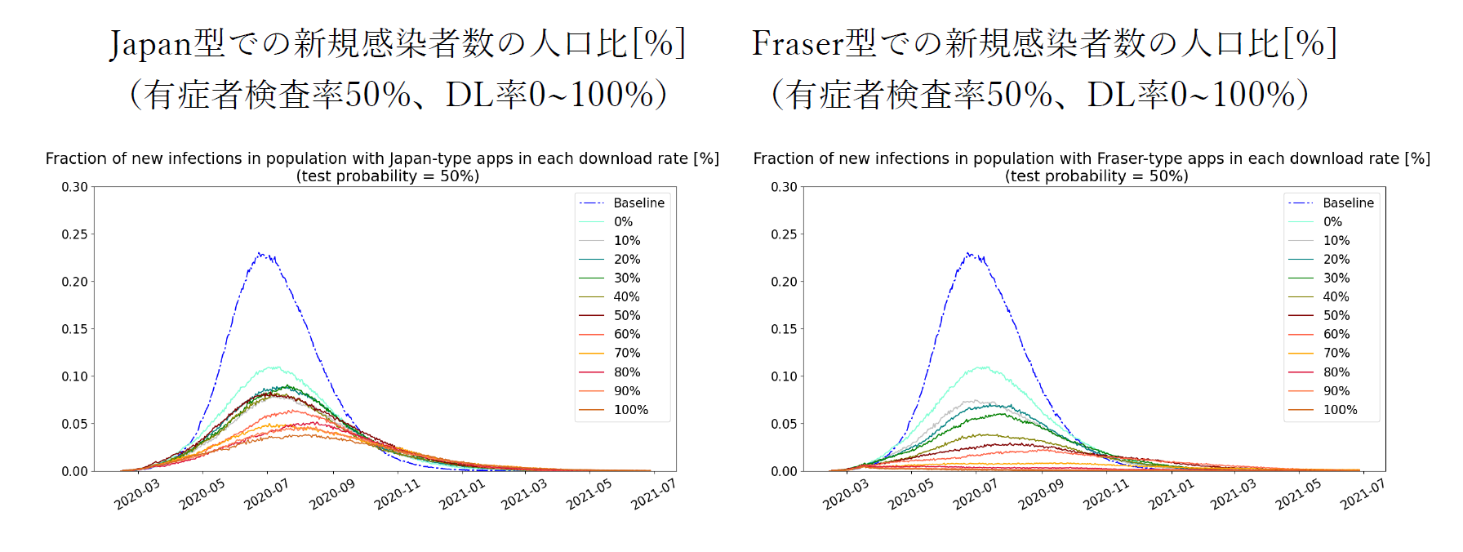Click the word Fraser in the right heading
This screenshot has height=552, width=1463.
click(798, 43)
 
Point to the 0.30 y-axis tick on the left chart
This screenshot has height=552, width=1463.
click(74, 187)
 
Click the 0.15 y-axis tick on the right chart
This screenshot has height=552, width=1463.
click(784, 329)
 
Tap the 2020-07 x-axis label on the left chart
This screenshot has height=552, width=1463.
click(266, 495)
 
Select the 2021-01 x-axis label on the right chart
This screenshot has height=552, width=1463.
click(1171, 495)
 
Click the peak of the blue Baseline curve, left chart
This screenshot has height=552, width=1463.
click(260, 253)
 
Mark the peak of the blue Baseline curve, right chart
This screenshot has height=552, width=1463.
click(969, 253)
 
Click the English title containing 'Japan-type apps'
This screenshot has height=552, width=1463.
click(382, 158)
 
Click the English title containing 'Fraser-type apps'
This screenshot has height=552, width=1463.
click(1092, 158)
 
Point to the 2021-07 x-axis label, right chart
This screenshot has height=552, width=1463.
click(1363, 495)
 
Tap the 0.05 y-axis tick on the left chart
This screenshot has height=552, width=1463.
click(74, 424)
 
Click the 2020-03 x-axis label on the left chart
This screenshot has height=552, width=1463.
click(136, 495)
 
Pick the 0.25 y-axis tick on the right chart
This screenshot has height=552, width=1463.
click(784, 234)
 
